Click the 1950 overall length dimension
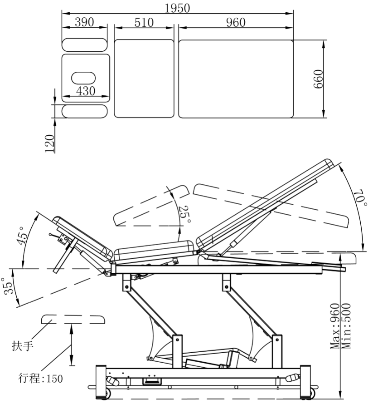[177, 8]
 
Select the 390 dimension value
[84, 23]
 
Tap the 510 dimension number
[144, 23]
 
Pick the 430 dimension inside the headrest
[86, 91]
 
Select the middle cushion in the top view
[144, 78]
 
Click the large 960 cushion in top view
[236, 78]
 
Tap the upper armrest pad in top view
[85, 44]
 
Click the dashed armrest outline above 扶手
[73, 319]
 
